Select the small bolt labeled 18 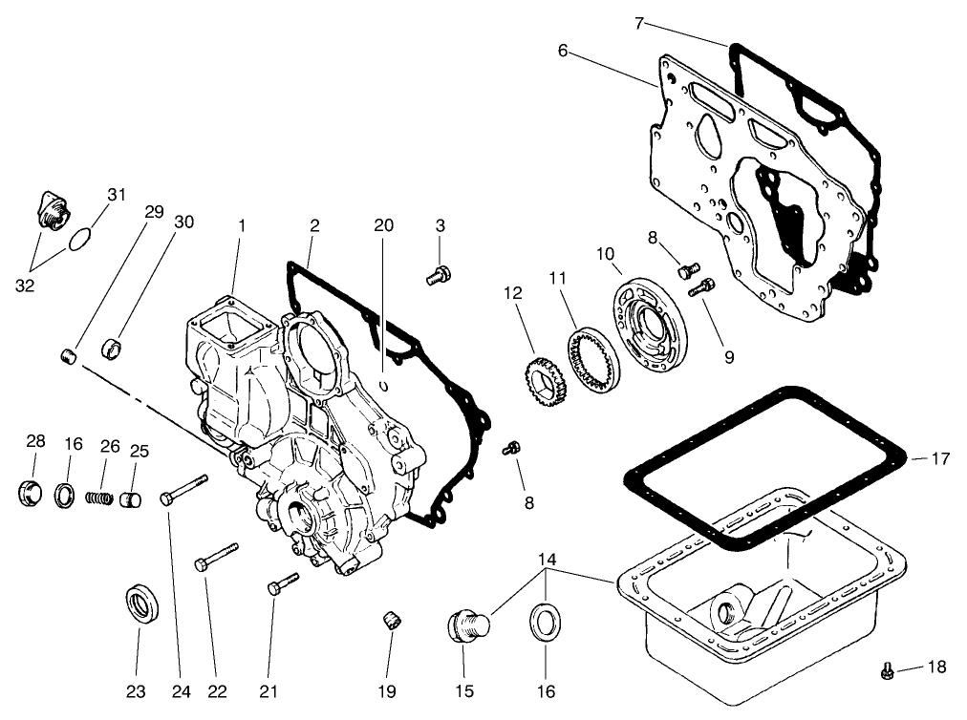pos(886,672)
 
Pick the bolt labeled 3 pos(436,276)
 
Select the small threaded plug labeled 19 pos(391,621)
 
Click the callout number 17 pos(940,459)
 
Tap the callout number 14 pos(546,559)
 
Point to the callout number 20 pos(383,225)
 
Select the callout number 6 pos(563,51)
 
